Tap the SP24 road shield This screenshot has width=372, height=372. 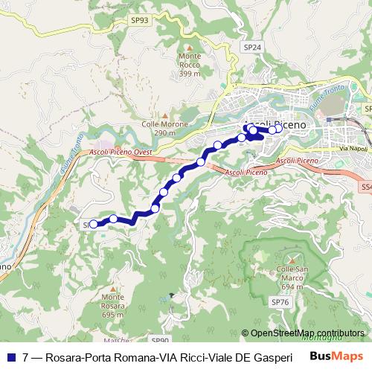tap(251, 46)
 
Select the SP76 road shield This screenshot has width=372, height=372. tap(280, 302)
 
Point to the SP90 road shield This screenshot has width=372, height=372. tap(160, 341)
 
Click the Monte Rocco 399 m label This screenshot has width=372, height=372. tap(190, 65)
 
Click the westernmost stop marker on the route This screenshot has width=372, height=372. tap(93, 223)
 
